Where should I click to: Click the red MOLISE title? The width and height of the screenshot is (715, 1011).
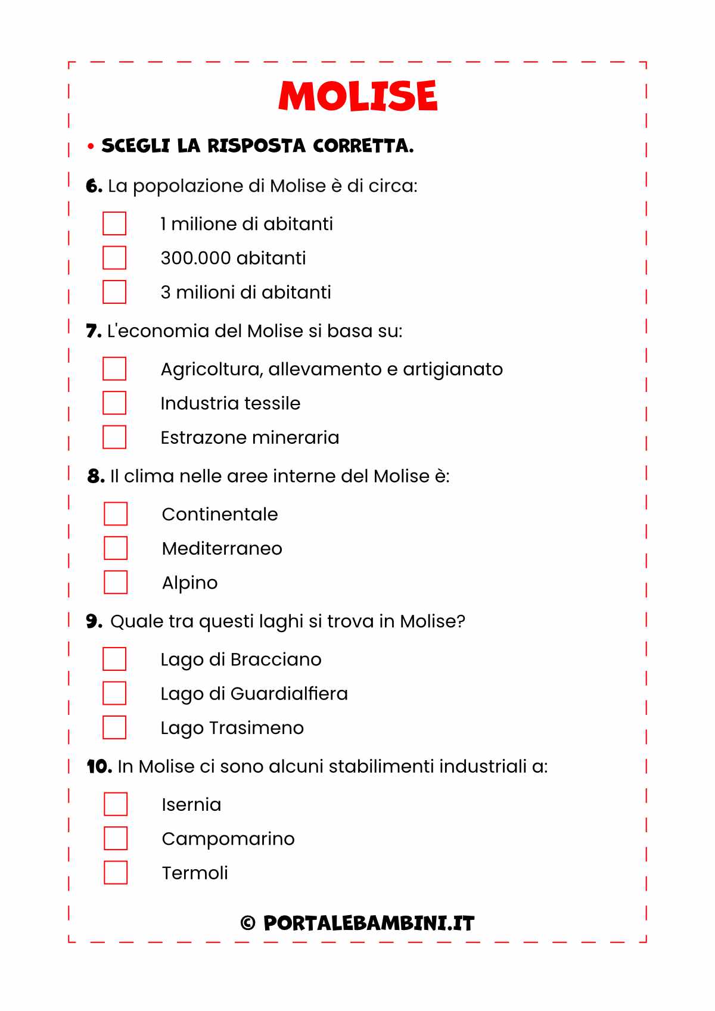[357, 96]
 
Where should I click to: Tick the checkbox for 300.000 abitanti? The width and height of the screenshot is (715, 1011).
[114, 258]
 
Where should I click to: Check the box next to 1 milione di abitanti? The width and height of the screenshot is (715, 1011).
[114, 224]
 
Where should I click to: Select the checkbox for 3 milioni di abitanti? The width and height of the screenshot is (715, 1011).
[114, 292]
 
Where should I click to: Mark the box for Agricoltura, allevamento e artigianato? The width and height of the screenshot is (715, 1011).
[114, 369]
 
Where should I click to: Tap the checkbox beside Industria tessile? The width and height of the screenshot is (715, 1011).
[114, 403]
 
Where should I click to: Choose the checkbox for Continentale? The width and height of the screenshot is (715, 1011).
[116, 514]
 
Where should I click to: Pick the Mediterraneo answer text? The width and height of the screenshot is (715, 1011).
[222, 549]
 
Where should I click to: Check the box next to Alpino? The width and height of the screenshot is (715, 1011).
[116, 582]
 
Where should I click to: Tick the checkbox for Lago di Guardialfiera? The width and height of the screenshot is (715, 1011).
[114, 693]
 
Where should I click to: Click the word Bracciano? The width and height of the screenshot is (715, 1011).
[275, 660]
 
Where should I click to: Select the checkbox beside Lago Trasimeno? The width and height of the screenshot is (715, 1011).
[114, 727]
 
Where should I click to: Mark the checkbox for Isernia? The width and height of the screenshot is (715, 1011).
[116, 804]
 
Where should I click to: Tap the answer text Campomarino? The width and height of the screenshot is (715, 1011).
[228, 839]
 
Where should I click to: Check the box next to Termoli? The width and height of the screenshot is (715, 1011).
[116, 873]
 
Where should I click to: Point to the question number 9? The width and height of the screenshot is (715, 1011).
[93, 621]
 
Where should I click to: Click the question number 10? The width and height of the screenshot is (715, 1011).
[98, 767]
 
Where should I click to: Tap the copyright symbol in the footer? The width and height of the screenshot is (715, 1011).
[248, 923]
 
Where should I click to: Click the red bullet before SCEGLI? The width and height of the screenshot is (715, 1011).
[91, 146]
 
